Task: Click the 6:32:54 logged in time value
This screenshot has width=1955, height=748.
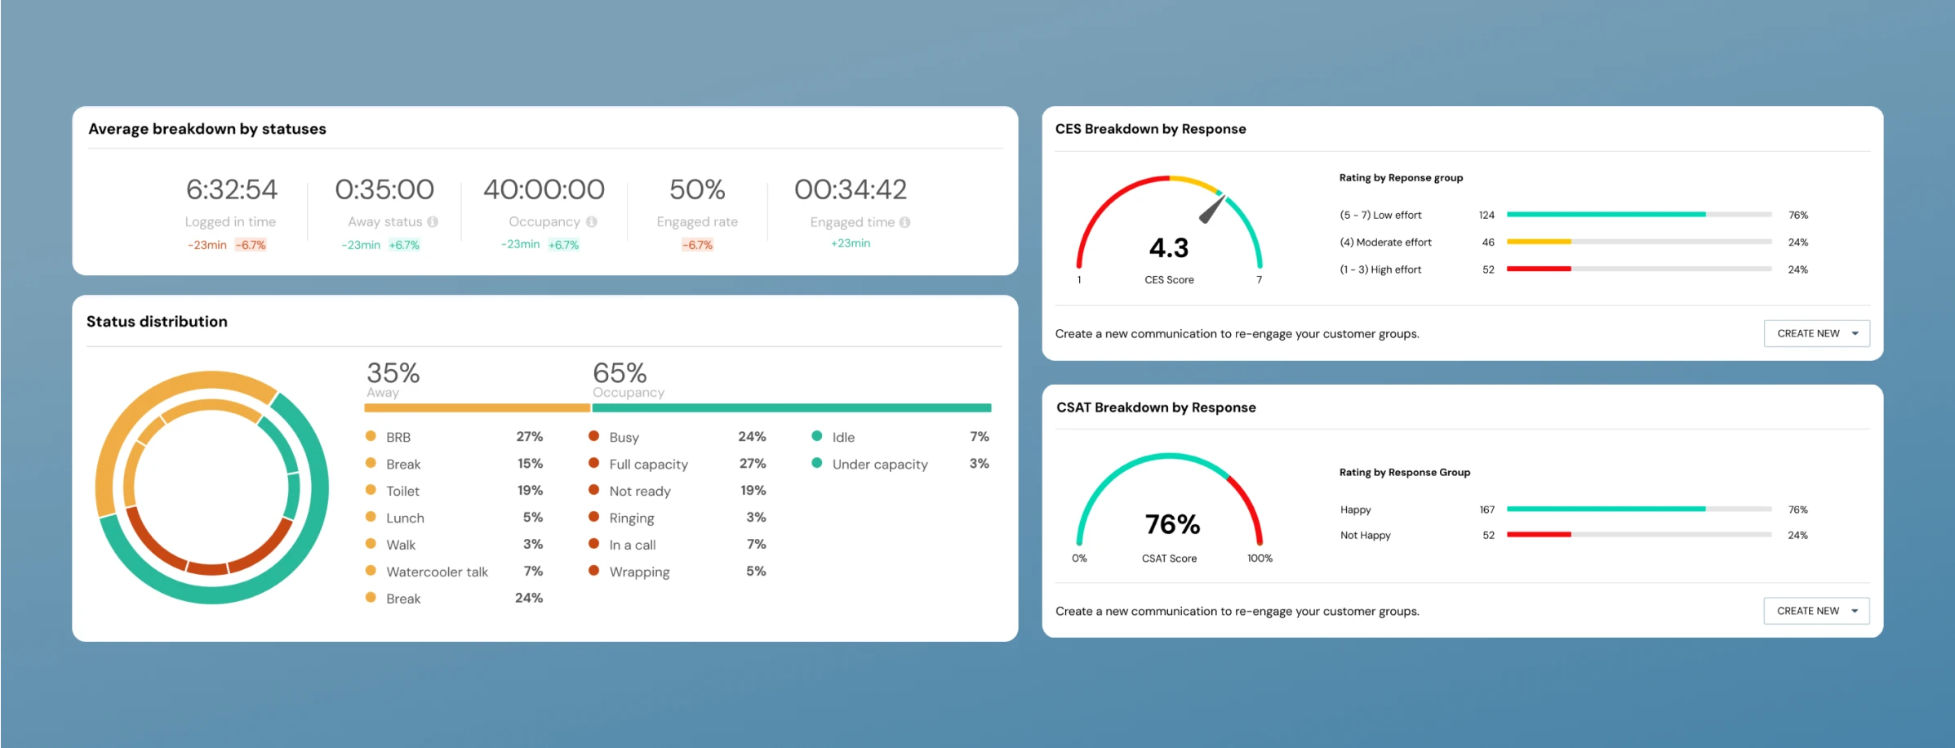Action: (x=232, y=189)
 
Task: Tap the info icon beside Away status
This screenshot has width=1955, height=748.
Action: (x=433, y=221)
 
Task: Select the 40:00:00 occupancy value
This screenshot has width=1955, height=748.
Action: (x=544, y=189)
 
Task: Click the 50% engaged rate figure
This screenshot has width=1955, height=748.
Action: (x=697, y=189)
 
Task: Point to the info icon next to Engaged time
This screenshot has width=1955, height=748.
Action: (x=904, y=222)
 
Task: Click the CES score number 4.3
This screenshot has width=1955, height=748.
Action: (x=1169, y=248)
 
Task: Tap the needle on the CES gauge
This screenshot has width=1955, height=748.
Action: (x=1211, y=209)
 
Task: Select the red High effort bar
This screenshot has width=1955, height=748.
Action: (x=1539, y=269)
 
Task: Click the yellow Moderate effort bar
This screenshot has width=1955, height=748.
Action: (x=1539, y=242)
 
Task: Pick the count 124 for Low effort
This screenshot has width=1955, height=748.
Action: (x=1486, y=216)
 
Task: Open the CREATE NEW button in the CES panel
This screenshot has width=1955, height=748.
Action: (x=1816, y=333)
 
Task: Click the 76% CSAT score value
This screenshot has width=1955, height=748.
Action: (x=1172, y=524)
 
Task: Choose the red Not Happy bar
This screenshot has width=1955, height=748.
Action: (x=1539, y=535)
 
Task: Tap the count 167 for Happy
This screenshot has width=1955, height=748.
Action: (x=1487, y=510)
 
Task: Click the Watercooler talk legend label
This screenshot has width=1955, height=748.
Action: (x=437, y=572)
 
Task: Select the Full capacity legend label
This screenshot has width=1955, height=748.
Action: (x=648, y=464)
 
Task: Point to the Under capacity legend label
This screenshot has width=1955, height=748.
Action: (x=880, y=464)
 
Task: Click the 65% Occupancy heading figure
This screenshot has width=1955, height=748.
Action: (x=620, y=373)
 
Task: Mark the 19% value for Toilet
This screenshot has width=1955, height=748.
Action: (x=530, y=491)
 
